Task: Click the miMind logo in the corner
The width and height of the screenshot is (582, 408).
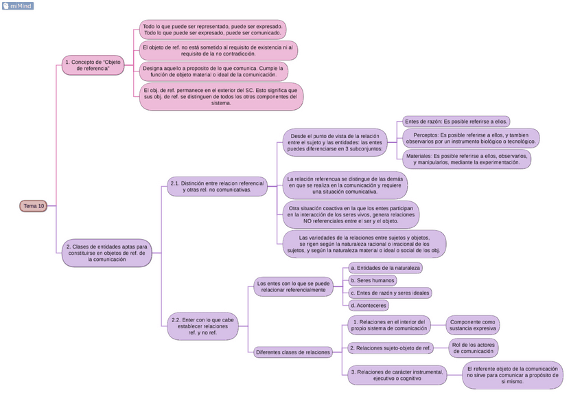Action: tap(18, 6)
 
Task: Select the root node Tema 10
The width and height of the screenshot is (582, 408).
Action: tap(34, 206)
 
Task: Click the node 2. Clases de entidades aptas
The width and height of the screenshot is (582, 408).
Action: tap(106, 253)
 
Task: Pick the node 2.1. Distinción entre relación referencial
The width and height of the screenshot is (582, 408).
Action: tap(216, 187)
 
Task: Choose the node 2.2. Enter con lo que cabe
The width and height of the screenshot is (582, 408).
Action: tap(202, 326)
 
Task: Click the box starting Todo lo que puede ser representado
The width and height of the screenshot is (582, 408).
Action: tap(212, 29)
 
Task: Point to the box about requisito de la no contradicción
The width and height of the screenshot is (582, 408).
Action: tap(218, 50)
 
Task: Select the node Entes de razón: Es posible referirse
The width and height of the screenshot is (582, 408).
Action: tap(456, 122)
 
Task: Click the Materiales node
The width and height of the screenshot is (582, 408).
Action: tap(467, 159)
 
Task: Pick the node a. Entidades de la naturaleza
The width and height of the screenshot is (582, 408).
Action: tap(385, 268)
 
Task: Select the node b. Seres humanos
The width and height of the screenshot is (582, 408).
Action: tap(373, 280)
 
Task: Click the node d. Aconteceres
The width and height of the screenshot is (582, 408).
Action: tap(369, 306)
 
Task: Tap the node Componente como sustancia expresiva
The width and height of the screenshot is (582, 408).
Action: tap(473, 325)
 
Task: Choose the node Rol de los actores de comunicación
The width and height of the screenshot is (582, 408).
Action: tap(473, 348)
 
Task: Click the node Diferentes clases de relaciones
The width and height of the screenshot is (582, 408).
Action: tap(293, 352)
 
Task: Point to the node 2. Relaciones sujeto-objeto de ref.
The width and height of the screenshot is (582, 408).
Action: tap(391, 348)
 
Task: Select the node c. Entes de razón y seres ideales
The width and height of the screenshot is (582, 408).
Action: tap(390, 293)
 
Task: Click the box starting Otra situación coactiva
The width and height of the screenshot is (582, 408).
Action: tap(351, 214)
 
